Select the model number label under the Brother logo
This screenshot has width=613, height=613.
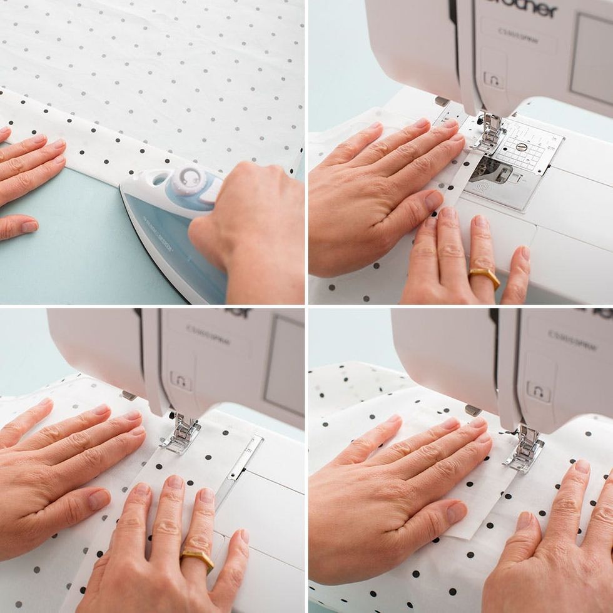519,33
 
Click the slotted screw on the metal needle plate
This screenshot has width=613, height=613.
520,148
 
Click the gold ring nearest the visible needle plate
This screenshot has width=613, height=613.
484,275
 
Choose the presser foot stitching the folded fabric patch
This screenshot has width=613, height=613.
524,447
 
